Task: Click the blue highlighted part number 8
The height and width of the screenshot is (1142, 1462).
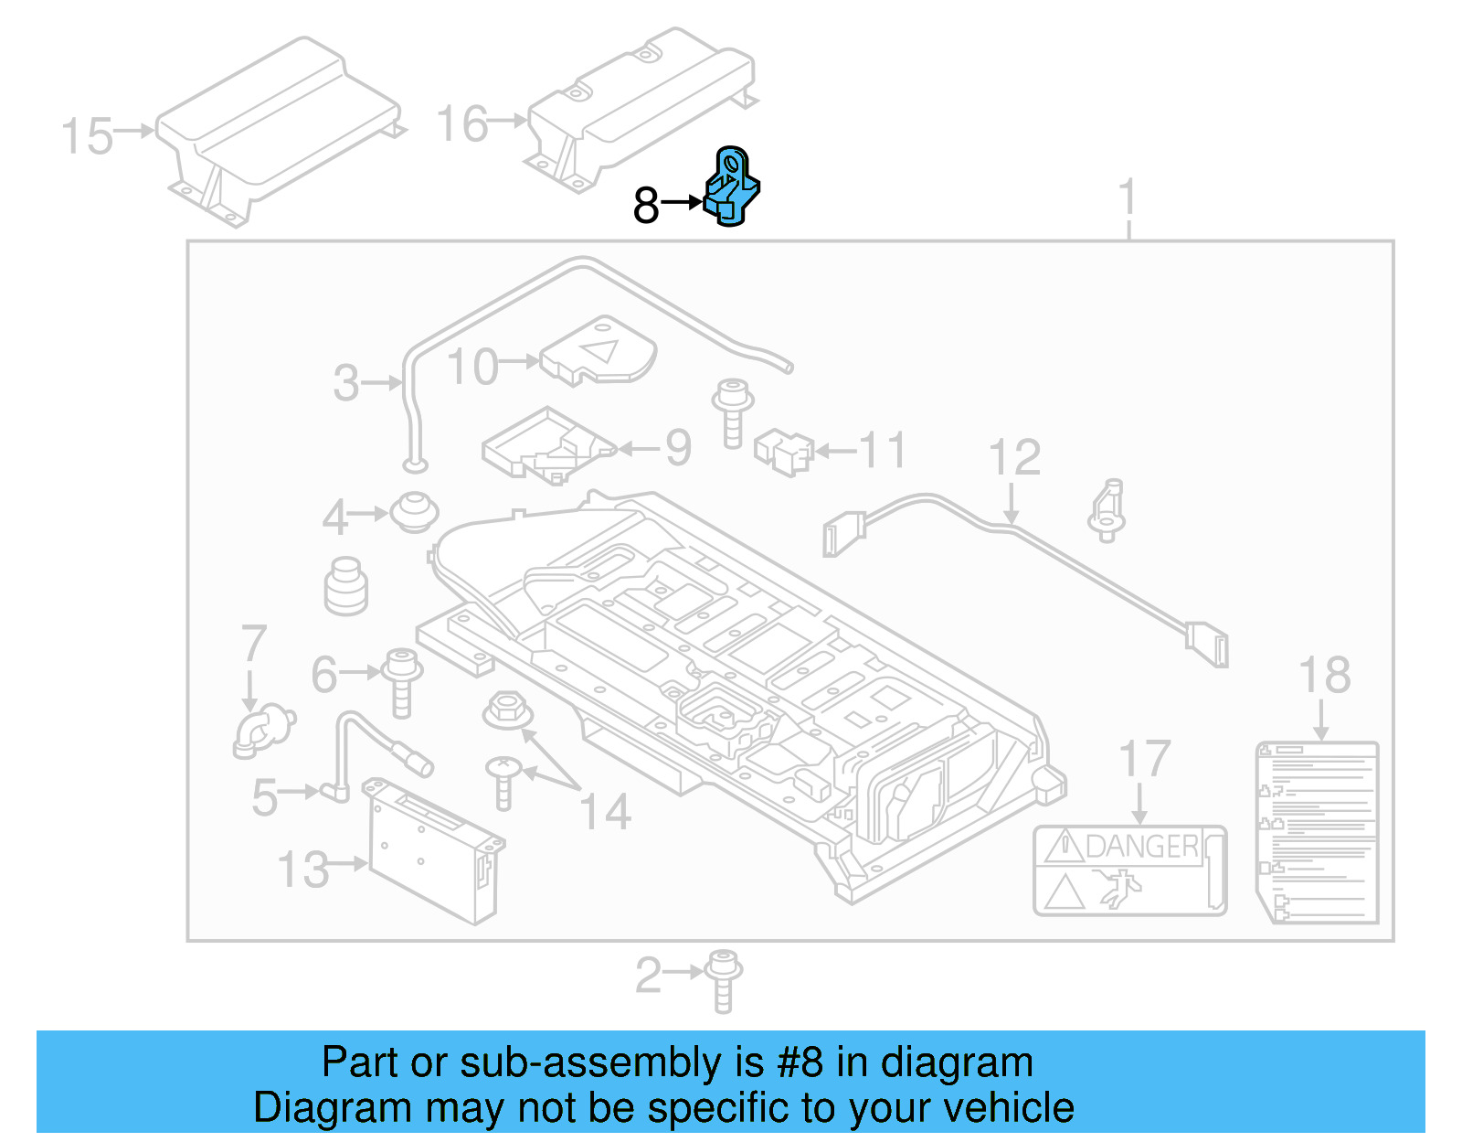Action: click(732, 187)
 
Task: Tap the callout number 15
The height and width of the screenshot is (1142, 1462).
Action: click(87, 137)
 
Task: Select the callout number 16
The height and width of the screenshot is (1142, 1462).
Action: click(462, 124)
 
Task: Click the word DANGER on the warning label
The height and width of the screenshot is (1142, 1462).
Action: click(1142, 847)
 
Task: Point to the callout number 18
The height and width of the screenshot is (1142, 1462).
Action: click(1324, 676)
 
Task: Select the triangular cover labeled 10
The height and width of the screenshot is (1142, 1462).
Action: click(599, 352)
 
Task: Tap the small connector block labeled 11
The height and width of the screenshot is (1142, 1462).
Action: click(784, 452)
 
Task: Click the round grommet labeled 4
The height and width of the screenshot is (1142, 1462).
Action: click(414, 512)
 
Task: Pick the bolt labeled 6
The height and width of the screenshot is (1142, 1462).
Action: click(401, 681)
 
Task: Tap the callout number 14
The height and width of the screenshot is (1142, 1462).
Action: click(605, 812)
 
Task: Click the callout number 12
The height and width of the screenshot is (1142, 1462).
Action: click(1014, 457)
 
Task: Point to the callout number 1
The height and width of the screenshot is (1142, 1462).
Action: click(1128, 197)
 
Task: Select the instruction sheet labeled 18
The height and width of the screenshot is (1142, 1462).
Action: click(1318, 832)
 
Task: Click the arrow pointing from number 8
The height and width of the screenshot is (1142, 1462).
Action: click(681, 202)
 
